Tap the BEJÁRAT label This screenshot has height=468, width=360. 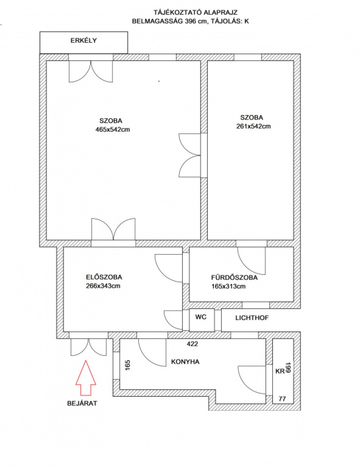(82, 403)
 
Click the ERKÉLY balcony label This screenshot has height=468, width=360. (84, 40)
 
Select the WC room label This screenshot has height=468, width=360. (201, 317)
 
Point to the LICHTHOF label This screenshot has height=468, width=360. (252, 318)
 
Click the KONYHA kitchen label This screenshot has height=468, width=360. (185, 361)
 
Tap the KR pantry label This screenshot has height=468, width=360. (280, 371)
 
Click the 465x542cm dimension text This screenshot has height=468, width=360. (112, 129)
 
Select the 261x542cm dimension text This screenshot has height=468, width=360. (253, 126)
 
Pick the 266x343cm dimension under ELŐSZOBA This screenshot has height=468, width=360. (103, 286)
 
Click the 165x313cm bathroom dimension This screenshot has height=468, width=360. (229, 287)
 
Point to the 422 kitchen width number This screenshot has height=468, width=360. (192, 344)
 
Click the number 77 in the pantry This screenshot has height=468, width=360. (282, 399)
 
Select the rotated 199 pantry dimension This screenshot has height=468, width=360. (289, 367)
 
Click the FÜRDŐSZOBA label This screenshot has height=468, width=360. (234, 277)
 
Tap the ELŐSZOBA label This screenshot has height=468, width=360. (104, 277)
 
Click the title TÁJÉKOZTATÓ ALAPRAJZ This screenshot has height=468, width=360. (195, 13)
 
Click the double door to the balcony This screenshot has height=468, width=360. (91, 71)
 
